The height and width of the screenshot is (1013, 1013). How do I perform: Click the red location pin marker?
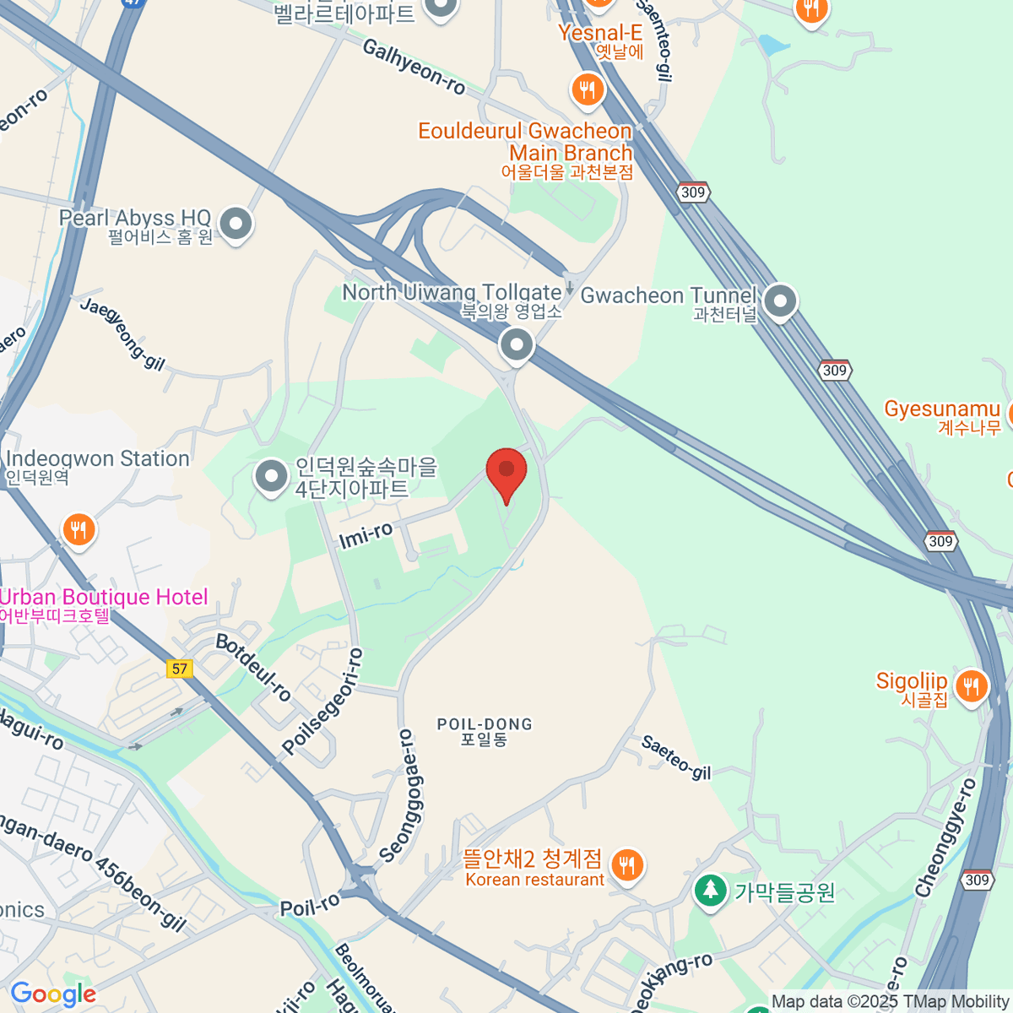pos(506,469)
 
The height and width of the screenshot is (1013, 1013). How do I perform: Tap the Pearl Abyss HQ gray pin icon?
pos(236,225)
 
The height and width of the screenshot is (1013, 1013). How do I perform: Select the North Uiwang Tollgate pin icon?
pos(516,344)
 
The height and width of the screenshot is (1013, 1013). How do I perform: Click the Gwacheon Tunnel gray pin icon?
pos(780,301)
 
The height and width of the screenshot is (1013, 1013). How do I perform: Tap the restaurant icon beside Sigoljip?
pos(972,687)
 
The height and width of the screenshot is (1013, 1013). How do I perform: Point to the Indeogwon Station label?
pos(97,459)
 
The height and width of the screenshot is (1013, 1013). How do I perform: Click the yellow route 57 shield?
pos(179,669)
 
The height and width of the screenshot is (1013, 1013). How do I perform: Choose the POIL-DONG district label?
pos(485,725)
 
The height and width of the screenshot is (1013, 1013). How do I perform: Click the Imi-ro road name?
pos(366,534)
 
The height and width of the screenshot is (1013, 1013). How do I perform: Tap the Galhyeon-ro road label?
pos(414,67)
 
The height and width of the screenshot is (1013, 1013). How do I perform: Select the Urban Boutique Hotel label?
pos(103,598)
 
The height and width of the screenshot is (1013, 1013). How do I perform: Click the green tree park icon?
pos(710,891)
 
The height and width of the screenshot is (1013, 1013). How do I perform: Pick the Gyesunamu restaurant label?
pos(942,409)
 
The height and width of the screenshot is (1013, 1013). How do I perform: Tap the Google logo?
pos(52,994)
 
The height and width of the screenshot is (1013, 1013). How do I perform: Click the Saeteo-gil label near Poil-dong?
pos(675,757)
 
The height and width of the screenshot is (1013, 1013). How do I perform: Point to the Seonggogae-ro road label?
pos(409,796)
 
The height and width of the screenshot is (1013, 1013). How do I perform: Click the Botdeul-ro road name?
pos(253,667)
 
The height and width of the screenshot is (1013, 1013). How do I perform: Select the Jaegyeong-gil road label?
pos(122,333)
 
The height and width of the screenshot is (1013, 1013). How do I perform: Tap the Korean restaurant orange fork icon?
pos(626,865)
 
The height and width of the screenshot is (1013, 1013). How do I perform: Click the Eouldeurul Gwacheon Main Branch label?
pos(525,142)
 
